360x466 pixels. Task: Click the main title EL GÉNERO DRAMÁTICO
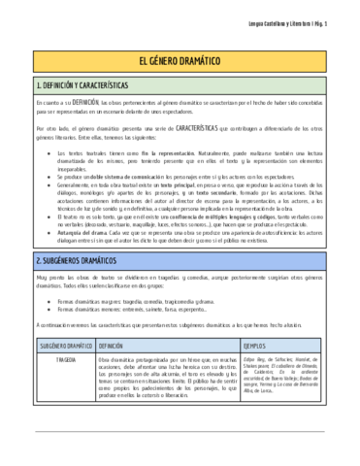[180, 60]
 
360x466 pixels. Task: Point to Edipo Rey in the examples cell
[255, 359]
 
